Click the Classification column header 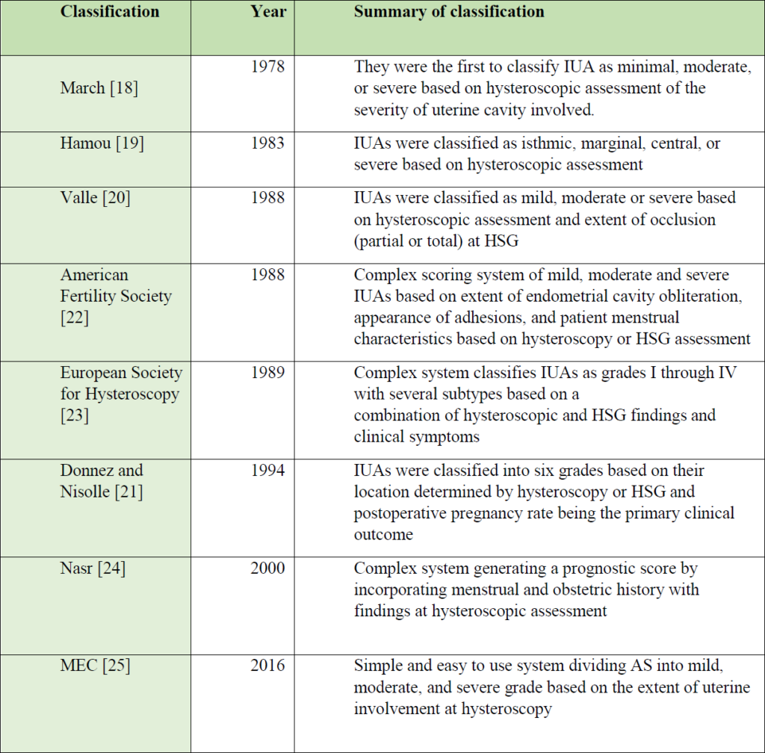point(110,11)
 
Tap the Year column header point(268,11)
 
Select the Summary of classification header point(449,11)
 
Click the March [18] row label point(99,88)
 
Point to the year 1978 point(267,66)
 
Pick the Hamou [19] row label point(102,143)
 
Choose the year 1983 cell point(267,143)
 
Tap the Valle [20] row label point(95,197)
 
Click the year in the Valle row point(267,197)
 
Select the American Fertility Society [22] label point(116,296)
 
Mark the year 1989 point(267,372)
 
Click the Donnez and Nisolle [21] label point(102,481)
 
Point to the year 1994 point(267,470)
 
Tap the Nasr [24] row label point(93,568)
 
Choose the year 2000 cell point(267,568)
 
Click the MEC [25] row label point(95,666)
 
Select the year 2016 point(267,665)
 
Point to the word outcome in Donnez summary point(383,535)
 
